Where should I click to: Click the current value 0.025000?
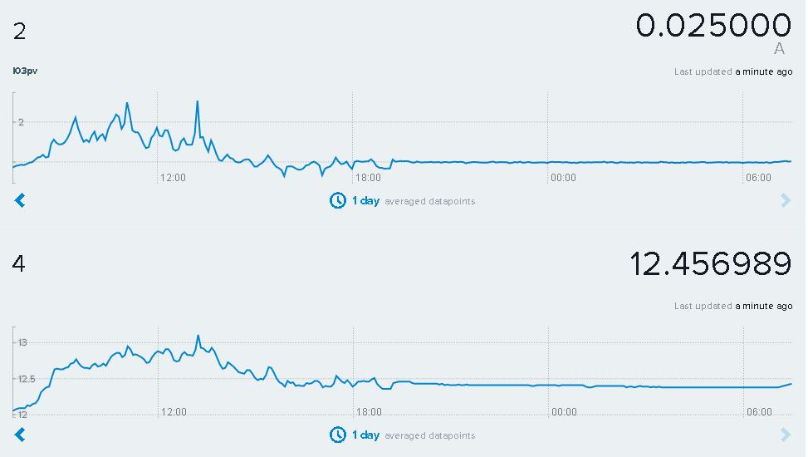[x=713, y=25]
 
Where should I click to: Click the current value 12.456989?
[x=711, y=263]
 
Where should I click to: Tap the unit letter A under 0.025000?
[x=779, y=49]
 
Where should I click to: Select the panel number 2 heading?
[x=20, y=32]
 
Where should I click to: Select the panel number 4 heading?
[x=18, y=263]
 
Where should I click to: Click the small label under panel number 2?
[x=25, y=71]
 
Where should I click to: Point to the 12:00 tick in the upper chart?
[x=173, y=178]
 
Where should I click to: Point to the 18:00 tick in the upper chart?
[x=368, y=178]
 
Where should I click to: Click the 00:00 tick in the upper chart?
[x=563, y=178]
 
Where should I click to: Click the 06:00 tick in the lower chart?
[x=760, y=412]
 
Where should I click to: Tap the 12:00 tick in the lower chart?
[x=174, y=412]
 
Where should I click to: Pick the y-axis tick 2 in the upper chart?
[x=21, y=122]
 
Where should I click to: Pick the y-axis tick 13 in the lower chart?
[x=22, y=342]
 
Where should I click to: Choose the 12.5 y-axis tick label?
[x=26, y=379]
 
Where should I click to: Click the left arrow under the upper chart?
[x=20, y=200]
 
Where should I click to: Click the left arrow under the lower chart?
[x=20, y=435]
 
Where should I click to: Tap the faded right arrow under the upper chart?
[x=786, y=200]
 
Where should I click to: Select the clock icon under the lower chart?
[x=337, y=435]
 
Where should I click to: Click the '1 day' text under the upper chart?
[x=366, y=200]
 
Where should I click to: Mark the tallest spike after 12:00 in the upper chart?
[x=198, y=101]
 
